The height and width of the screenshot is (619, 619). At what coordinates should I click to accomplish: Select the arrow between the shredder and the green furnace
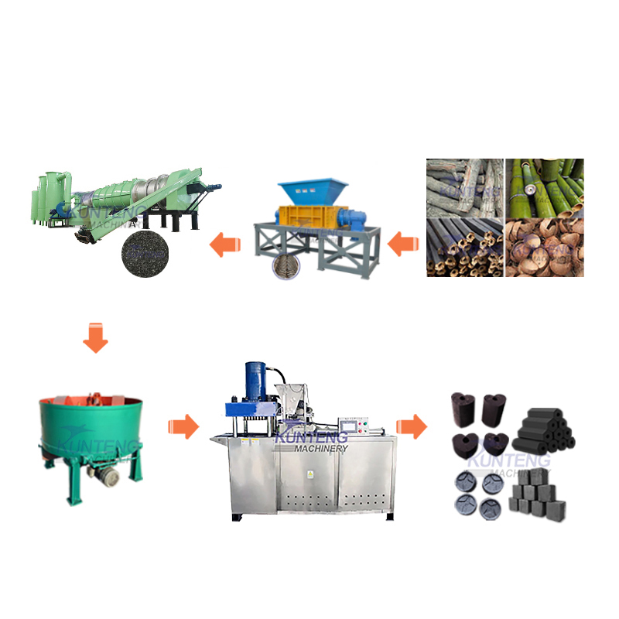point(226,245)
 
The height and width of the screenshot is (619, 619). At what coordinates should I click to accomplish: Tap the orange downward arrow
point(95,339)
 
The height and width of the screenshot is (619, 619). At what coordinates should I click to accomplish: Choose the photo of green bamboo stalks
point(545,186)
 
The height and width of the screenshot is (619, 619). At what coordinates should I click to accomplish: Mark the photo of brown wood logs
point(465,186)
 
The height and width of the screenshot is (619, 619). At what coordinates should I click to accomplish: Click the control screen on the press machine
point(353,426)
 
